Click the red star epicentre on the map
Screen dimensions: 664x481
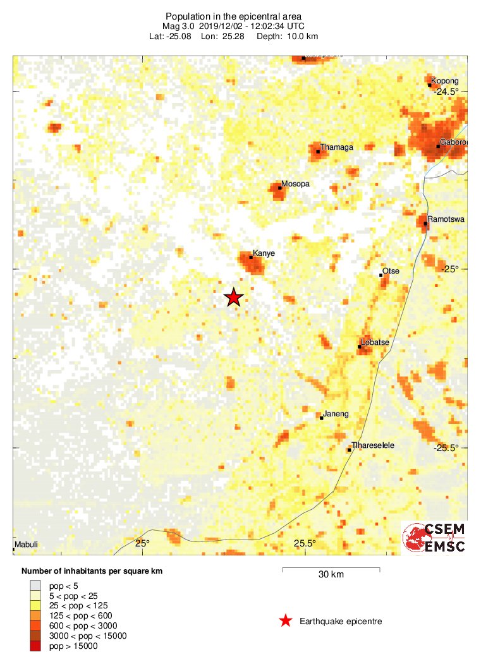(234, 297)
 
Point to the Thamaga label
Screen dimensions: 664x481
(337, 147)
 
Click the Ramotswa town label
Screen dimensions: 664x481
(446, 219)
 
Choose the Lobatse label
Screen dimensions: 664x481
(375, 342)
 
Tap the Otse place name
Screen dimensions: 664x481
(391, 271)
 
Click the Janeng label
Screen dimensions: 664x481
(336, 414)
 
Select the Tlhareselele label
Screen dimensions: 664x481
(373, 445)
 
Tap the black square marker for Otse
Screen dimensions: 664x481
(381, 275)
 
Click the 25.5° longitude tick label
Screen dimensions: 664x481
(305, 543)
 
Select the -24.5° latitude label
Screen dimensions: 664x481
(446, 92)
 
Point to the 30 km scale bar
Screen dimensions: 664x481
(331, 569)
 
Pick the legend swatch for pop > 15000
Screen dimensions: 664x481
(35, 646)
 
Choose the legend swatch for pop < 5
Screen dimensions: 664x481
(35, 585)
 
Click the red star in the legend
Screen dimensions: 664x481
(286, 621)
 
